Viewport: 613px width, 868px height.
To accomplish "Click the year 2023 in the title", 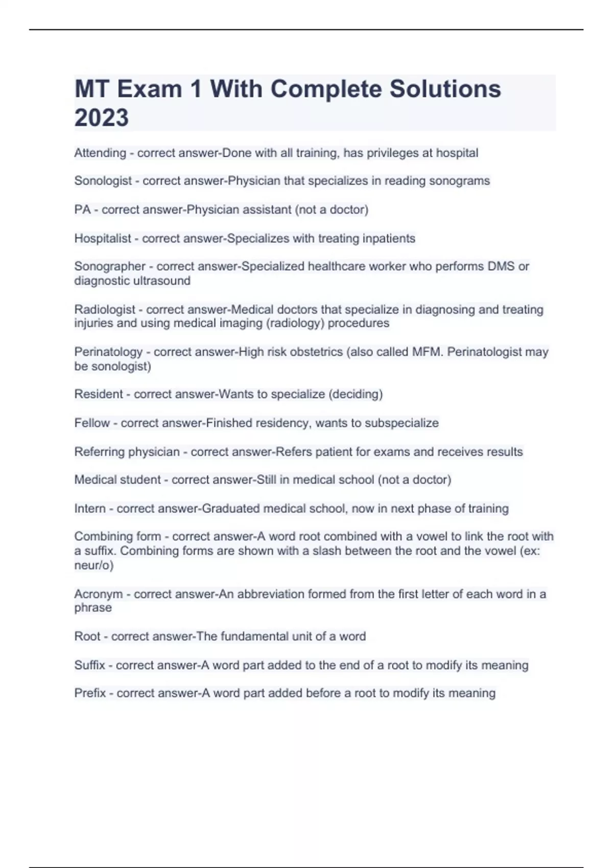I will coord(102,117).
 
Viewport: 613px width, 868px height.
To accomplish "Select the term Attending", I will coord(100,153).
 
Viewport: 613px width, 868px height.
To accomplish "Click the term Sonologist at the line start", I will coord(103,181).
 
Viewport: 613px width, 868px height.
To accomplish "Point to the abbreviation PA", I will coord(82,209).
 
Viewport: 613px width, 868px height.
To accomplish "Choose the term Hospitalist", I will coord(103,238).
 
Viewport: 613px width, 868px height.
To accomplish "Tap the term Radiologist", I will coord(105,309).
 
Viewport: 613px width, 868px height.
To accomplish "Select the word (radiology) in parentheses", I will coord(295,323).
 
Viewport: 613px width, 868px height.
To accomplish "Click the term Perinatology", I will coord(108,352).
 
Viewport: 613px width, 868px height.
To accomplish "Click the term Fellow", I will coord(92,423).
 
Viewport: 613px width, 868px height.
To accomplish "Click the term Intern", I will coord(89,509).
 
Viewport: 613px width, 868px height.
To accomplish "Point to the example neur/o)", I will coord(94,565).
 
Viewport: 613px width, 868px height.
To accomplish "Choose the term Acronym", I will coord(99,594).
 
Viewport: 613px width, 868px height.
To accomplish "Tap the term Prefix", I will coord(90,693).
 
